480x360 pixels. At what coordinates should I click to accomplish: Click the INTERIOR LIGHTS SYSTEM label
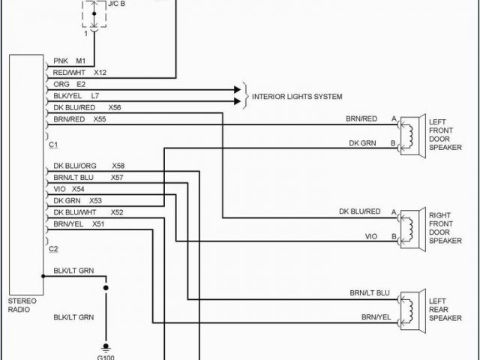coord(297,97)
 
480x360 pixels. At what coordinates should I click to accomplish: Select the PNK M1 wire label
coord(70,61)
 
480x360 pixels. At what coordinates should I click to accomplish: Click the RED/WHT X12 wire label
coord(79,73)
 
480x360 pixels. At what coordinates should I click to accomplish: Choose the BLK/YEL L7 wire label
coord(75,96)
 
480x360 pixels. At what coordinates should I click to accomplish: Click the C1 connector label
coord(54,143)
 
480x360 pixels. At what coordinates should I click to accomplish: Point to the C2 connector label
coord(54,248)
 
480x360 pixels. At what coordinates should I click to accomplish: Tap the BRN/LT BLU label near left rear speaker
coord(370,292)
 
